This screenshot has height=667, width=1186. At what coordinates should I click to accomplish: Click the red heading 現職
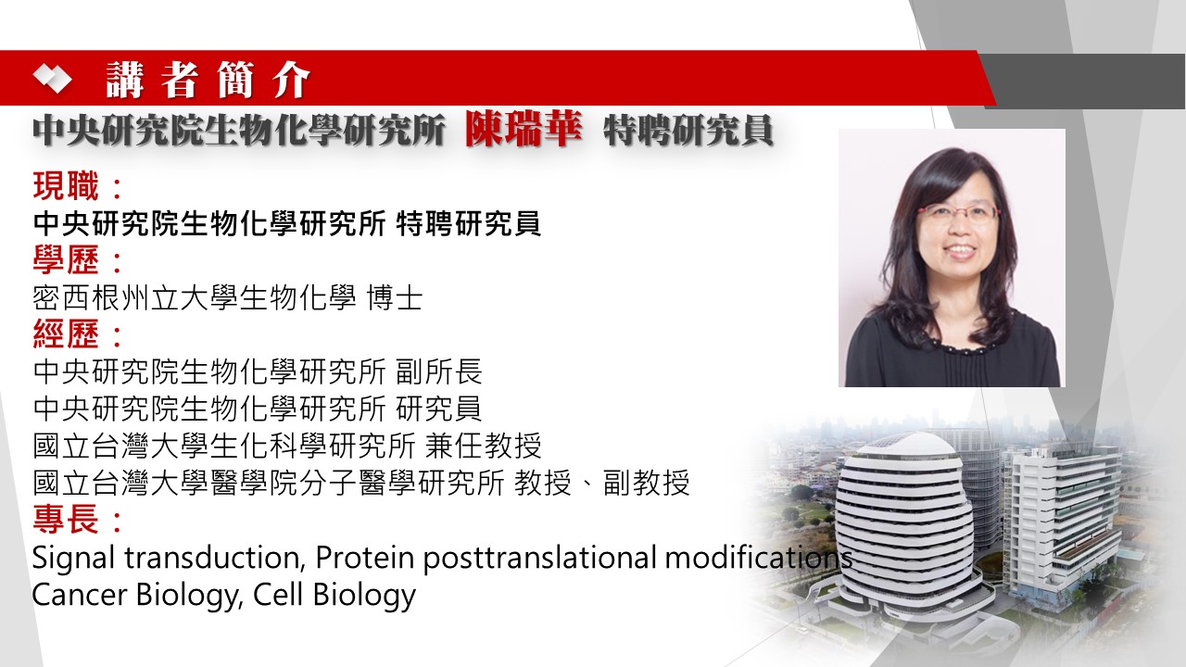66,186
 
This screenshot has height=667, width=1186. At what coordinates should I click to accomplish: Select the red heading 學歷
66,260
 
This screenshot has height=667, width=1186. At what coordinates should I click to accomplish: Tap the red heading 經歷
66,334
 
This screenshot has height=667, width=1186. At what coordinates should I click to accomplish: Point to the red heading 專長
66,520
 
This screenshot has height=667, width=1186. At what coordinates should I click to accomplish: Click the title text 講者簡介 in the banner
208,80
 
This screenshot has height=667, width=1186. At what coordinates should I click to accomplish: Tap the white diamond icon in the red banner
53,80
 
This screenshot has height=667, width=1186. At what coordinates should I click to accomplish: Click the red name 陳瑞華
524,129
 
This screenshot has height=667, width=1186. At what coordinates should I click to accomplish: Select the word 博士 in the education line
395,297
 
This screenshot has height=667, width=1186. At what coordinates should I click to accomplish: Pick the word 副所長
439,371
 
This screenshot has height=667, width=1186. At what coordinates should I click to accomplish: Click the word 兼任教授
484,446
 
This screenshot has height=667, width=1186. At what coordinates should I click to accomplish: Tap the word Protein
364,557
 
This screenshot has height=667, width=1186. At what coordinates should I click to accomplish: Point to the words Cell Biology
334,595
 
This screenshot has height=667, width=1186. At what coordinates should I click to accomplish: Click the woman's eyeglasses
958,213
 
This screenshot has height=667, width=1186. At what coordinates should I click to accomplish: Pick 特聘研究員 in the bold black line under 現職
469,223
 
